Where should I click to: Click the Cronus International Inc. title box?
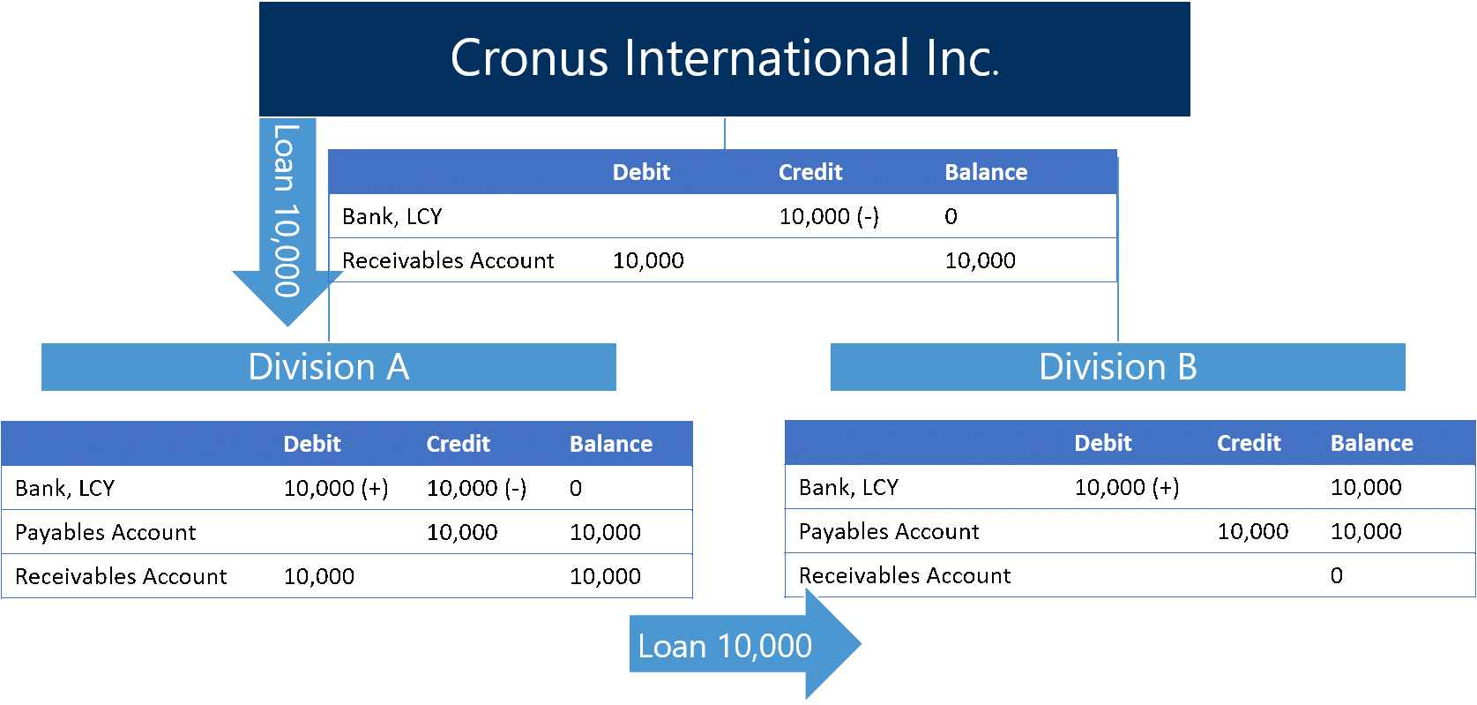(724, 59)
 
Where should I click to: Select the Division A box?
(328, 367)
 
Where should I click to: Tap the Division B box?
(1117, 367)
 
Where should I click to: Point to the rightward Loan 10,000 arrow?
(745, 644)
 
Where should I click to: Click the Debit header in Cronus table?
(641, 172)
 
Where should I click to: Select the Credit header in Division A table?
(459, 444)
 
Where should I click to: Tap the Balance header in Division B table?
(1371, 443)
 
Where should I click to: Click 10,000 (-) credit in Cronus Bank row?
(829, 216)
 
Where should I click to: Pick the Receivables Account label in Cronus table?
(448, 260)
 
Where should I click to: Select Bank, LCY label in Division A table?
(64, 488)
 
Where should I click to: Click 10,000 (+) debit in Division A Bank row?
(336, 488)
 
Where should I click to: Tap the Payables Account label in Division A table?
(106, 532)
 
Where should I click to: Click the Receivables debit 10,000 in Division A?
(319, 576)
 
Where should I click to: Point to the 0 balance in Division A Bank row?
(576, 488)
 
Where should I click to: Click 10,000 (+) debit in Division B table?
(1127, 487)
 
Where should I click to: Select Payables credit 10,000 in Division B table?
(1253, 531)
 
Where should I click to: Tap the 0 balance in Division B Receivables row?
(1337, 576)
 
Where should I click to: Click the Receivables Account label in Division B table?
(905, 576)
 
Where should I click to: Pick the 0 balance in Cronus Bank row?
(951, 216)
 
